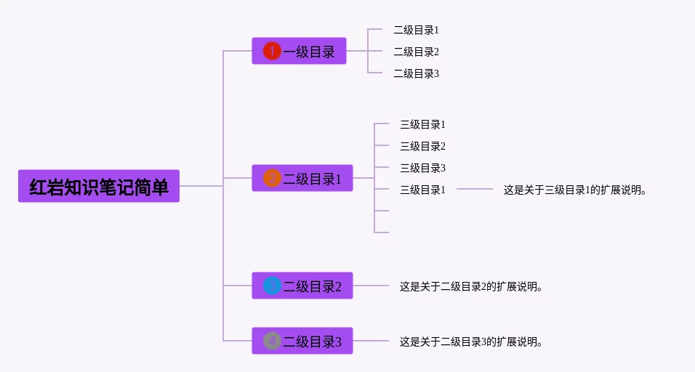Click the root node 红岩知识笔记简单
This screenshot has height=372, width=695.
(99, 186)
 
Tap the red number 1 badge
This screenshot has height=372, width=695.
(272, 51)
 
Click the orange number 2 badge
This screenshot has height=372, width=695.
(272, 178)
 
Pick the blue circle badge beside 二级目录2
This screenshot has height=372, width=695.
(272, 286)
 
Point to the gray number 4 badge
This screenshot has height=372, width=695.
(272, 341)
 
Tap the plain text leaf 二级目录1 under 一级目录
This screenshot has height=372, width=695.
(416, 30)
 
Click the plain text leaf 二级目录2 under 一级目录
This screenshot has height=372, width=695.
(416, 52)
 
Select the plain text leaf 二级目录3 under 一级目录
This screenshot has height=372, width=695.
(416, 73)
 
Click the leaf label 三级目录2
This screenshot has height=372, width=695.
(422, 146)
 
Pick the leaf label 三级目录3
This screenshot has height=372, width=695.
(422, 168)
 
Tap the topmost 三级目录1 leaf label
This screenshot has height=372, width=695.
(422, 124)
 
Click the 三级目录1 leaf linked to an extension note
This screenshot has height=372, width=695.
(422, 190)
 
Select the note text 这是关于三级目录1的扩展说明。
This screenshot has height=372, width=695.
(574, 190)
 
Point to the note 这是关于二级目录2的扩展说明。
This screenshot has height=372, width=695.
(471, 286)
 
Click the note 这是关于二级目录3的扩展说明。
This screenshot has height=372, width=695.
(471, 341)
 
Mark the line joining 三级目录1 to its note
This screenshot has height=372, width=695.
(475, 189)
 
